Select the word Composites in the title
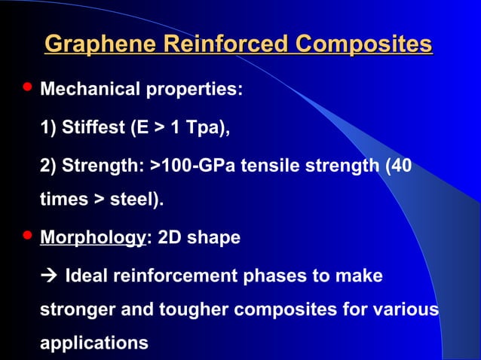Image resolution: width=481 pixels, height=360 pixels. [364, 43]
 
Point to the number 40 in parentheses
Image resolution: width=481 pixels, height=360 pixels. [401, 164]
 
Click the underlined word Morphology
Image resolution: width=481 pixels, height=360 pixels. [91, 239]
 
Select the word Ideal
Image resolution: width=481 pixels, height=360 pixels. [87, 276]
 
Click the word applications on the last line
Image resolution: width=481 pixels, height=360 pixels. [93, 343]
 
